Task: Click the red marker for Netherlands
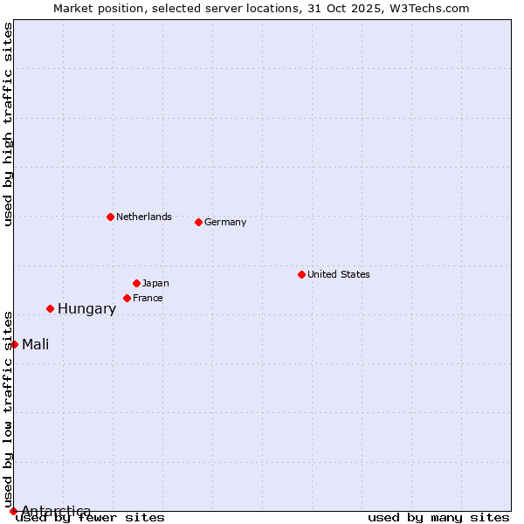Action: (x=110, y=217)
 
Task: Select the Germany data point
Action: (x=198, y=222)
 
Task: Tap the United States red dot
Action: (x=301, y=274)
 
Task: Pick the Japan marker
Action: (x=136, y=283)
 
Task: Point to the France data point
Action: (x=127, y=298)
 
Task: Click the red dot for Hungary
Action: (x=50, y=308)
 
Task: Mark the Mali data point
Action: (x=14, y=344)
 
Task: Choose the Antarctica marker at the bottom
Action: (x=13, y=511)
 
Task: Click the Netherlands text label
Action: (x=144, y=217)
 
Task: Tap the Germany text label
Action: (x=225, y=222)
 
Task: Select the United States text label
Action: (x=339, y=274)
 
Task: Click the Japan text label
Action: (x=155, y=283)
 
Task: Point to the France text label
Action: (x=148, y=298)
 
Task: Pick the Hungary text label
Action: (x=86, y=308)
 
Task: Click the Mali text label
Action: (x=36, y=344)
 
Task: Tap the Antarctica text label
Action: (x=56, y=511)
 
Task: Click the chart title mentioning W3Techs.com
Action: (x=261, y=8)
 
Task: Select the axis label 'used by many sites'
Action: (x=438, y=517)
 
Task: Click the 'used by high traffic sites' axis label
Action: (x=8, y=124)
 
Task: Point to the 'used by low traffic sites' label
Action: (x=8, y=409)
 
